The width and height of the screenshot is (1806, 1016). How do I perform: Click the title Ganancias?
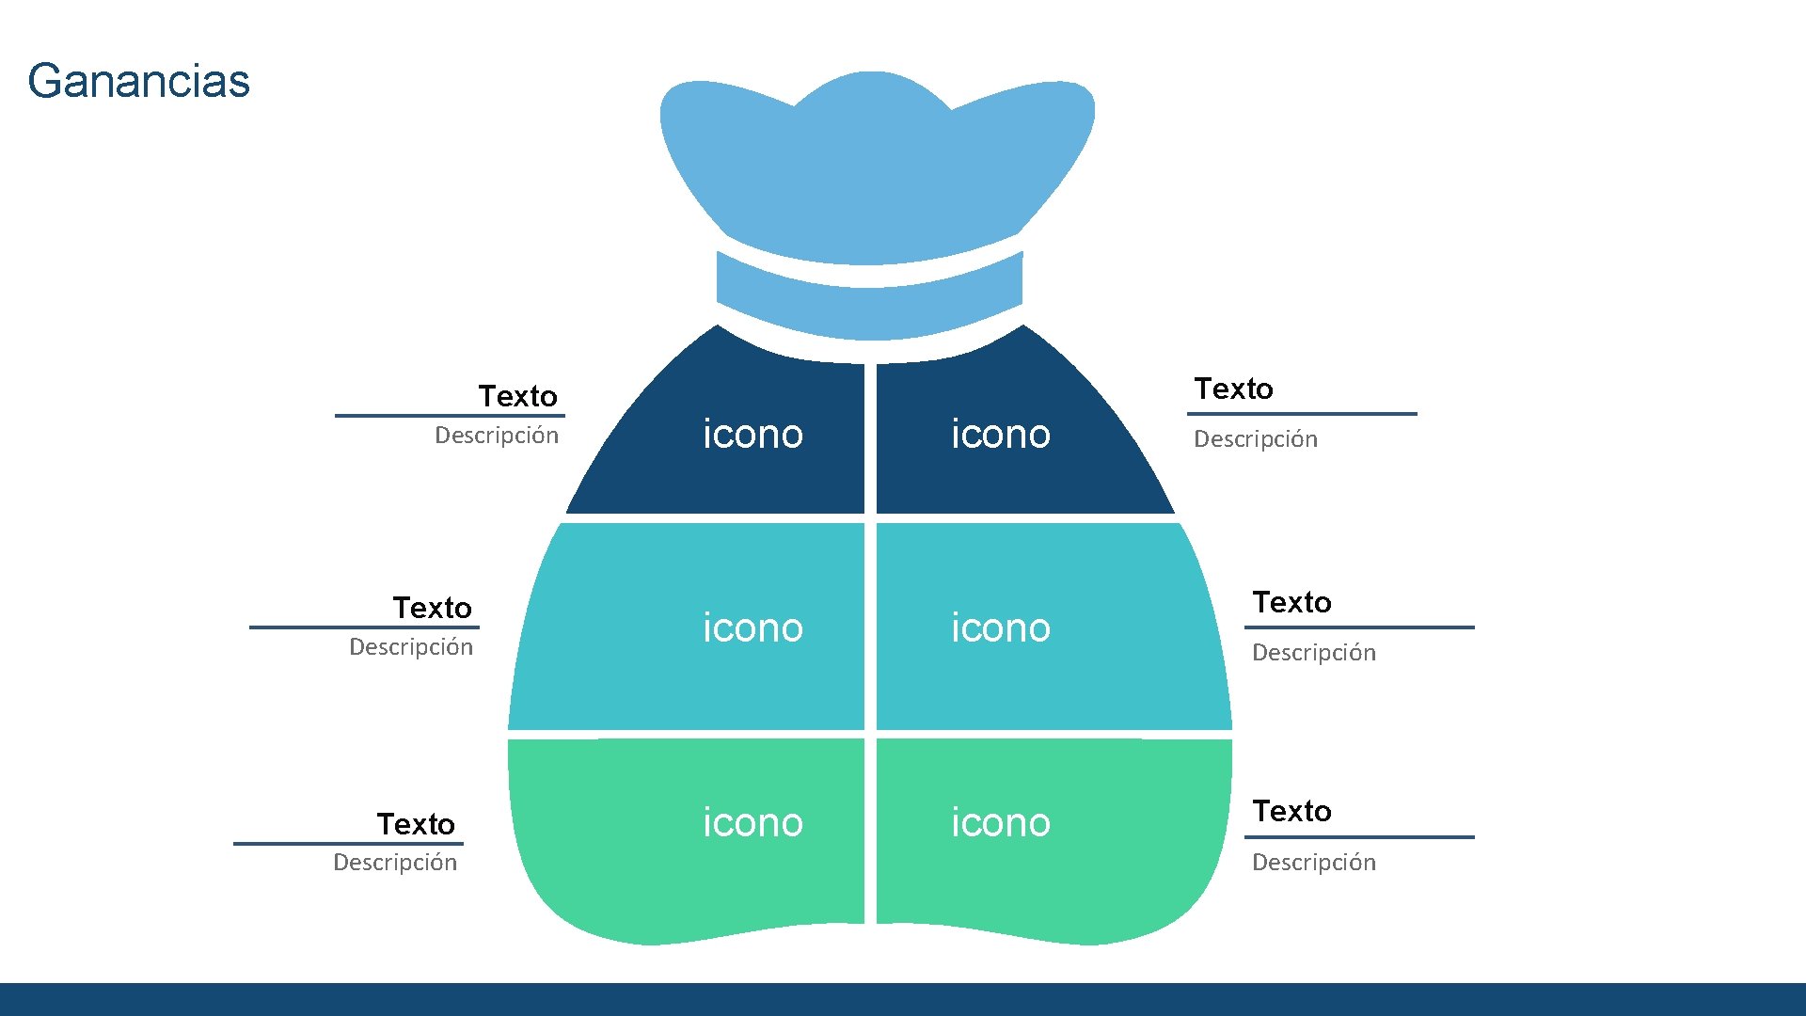click(x=139, y=81)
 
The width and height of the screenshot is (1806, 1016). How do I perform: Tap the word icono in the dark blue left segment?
click(x=752, y=435)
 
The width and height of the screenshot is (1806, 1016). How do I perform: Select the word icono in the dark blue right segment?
click(x=1000, y=435)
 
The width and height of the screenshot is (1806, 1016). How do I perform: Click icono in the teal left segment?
click(x=752, y=628)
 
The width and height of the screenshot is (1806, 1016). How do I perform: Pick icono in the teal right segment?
click(x=1000, y=628)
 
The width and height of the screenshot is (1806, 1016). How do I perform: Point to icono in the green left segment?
click(x=752, y=823)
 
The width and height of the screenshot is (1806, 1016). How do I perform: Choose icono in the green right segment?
click(x=1000, y=823)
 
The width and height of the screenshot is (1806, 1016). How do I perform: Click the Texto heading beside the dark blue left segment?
click(x=517, y=396)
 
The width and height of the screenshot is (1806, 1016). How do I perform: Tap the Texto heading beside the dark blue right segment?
click(x=1233, y=389)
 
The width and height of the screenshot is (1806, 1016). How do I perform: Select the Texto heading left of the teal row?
click(x=432, y=608)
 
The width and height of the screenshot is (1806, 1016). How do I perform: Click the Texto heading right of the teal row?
click(x=1291, y=602)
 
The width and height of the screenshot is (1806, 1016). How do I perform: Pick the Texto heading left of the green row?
click(x=416, y=824)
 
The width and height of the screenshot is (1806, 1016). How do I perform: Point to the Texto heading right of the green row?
click(x=1291, y=811)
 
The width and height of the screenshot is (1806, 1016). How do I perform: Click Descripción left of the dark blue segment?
click(x=497, y=436)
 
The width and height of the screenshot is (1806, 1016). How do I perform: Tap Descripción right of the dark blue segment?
click(x=1256, y=439)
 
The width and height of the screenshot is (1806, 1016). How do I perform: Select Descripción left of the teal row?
click(x=411, y=647)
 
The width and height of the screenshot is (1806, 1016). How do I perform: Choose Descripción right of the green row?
click(x=1313, y=863)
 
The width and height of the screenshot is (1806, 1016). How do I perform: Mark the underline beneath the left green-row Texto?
click(x=348, y=844)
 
